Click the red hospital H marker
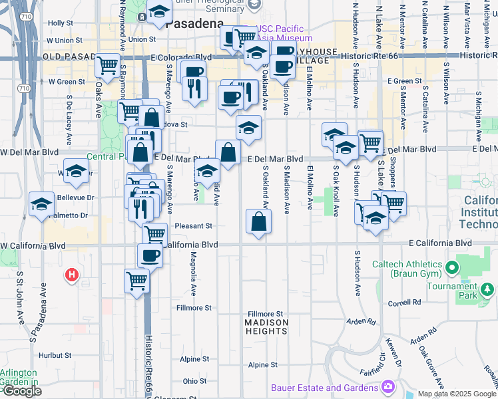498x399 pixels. (x=71, y=274)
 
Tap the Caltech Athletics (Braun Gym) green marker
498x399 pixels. (x=453, y=269)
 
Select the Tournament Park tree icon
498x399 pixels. (x=489, y=289)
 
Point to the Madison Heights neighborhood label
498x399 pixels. (x=266, y=327)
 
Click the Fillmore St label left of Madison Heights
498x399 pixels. (x=194, y=308)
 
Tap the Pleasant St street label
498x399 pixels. (x=193, y=226)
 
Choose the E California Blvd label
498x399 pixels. (x=440, y=243)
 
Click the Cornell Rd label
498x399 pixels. (x=407, y=302)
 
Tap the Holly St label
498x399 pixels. (x=60, y=23)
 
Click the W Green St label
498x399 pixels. (x=67, y=82)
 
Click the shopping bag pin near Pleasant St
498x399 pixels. (x=258, y=221)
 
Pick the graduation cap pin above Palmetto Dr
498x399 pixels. (x=42, y=203)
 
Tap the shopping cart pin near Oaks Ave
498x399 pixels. (x=107, y=65)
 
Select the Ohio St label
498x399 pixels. (x=195, y=381)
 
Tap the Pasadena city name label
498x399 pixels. (x=194, y=24)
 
